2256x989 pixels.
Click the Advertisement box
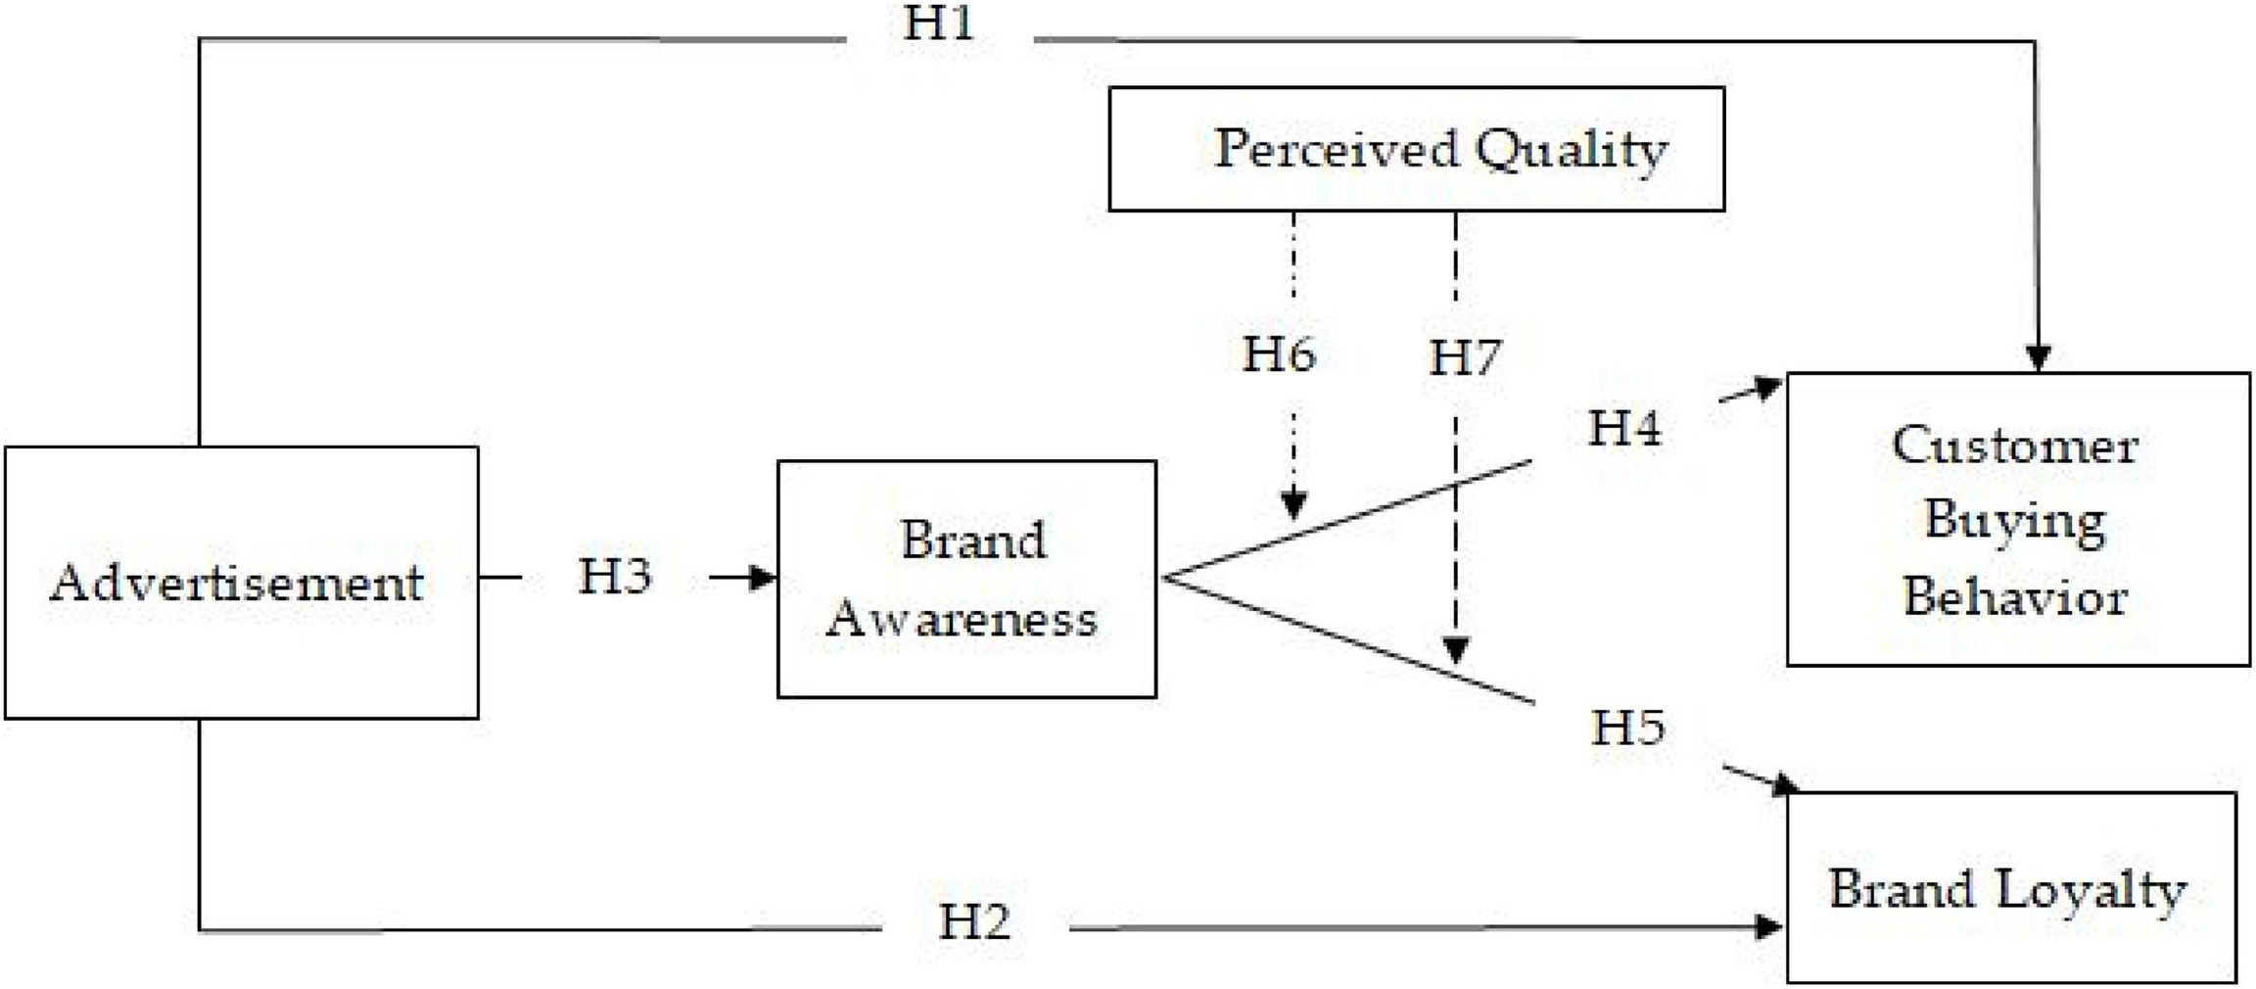pyautogui.click(x=241, y=583)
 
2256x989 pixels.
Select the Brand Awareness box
pyautogui.click(x=966, y=579)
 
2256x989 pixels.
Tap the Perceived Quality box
pyautogui.click(x=1416, y=149)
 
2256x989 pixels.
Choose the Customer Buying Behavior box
pyautogui.click(x=2017, y=519)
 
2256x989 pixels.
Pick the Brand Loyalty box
pyautogui.click(x=2010, y=887)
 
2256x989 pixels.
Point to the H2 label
pyautogui.click(x=973, y=921)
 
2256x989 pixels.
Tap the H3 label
pyautogui.click(x=614, y=576)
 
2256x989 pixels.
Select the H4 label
pyautogui.click(x=1624, y=428)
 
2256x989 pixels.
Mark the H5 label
pyautogui.click(x=1627, y=728)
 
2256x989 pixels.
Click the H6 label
pyautogui.click(x=1279, y=353)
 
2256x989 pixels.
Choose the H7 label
pyautogui.click(x=1465, y=357)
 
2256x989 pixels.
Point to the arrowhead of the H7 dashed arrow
pyautogui.click(x=1456, y=650)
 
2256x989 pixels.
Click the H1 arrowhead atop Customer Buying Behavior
pyautogui.click(x=2038, y=358)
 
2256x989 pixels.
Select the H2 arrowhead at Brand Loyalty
pyautogui.click(x=1768, y=926)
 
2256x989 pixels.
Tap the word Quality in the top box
pyautogui.click(x=1571, y=150)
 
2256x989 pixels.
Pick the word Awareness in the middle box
pyautogui.click(x=962, y=619)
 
